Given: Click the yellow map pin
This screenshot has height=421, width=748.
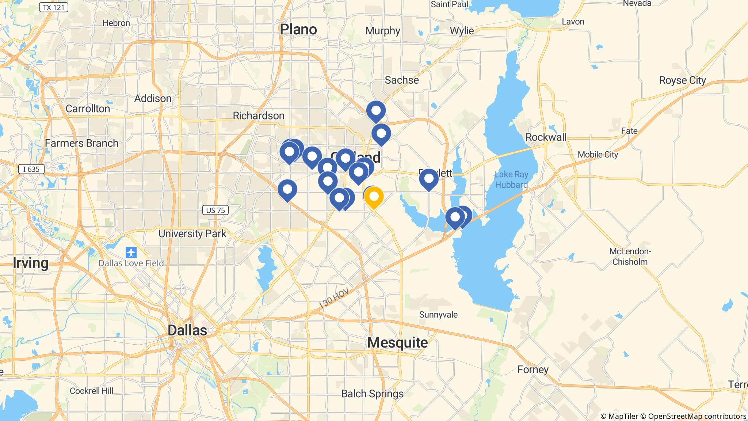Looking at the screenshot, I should (374, 197).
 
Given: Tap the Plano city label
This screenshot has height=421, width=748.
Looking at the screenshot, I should (298, 30).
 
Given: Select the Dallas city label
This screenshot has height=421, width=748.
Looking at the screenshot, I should (187, 330).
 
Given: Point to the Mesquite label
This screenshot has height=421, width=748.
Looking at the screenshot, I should (397, 342).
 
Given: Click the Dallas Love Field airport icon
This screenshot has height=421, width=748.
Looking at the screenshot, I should (131, 252).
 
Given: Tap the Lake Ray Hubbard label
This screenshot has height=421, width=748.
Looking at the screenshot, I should (511, 180).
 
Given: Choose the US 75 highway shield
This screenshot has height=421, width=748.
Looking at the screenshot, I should (215, 210).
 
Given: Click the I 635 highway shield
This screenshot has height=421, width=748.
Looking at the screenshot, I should (31, 169).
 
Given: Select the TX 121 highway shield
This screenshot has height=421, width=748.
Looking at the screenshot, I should (53, 7).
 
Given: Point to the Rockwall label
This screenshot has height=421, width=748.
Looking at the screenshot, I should (546, 137).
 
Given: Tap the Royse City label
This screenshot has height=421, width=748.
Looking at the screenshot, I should (682, 80).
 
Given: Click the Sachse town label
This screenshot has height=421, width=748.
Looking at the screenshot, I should (402, 80).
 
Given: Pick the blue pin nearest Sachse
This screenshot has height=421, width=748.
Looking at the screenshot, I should (376, 110).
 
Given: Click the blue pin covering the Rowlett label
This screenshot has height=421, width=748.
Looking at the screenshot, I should (428, 179).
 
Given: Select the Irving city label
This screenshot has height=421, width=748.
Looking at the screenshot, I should (30, 263).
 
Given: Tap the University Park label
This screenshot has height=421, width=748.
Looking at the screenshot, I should (192, 234).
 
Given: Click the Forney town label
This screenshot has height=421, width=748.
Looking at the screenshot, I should (533, 369).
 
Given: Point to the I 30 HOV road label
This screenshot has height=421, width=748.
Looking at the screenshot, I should (334, 298).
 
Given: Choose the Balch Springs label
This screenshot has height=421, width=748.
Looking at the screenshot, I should (372, 394).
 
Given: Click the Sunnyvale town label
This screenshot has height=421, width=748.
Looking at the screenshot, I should (438, 315).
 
